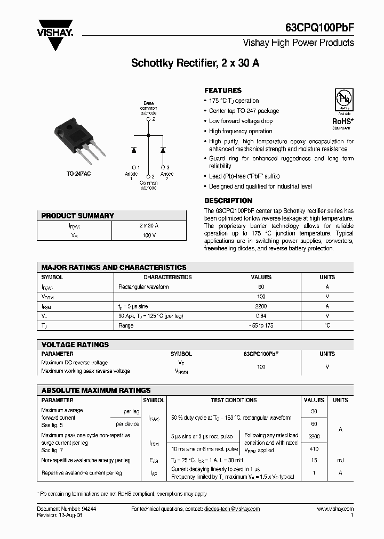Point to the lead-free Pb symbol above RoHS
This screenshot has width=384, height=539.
click(x=342, y=100)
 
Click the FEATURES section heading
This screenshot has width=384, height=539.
click(x=223, y=91)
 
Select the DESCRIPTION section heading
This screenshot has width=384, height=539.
click(x=228, y=201)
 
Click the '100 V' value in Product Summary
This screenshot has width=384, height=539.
click(x=149, y=235)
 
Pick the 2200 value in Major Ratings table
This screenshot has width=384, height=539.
click(x=261, y=306)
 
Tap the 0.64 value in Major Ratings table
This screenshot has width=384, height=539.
click(x=261, y=316)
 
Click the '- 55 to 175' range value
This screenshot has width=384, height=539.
click(x=261, y=325)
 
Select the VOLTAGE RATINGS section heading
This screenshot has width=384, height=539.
click(x=75, y=345)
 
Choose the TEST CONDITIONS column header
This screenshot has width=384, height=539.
click(x=234, y=400)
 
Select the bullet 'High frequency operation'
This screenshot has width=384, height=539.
click(x=241, y=131)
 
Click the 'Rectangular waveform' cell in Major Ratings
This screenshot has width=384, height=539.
click(x=143, y=287)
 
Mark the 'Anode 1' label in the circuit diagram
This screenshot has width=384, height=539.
click(x=131, y=176)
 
